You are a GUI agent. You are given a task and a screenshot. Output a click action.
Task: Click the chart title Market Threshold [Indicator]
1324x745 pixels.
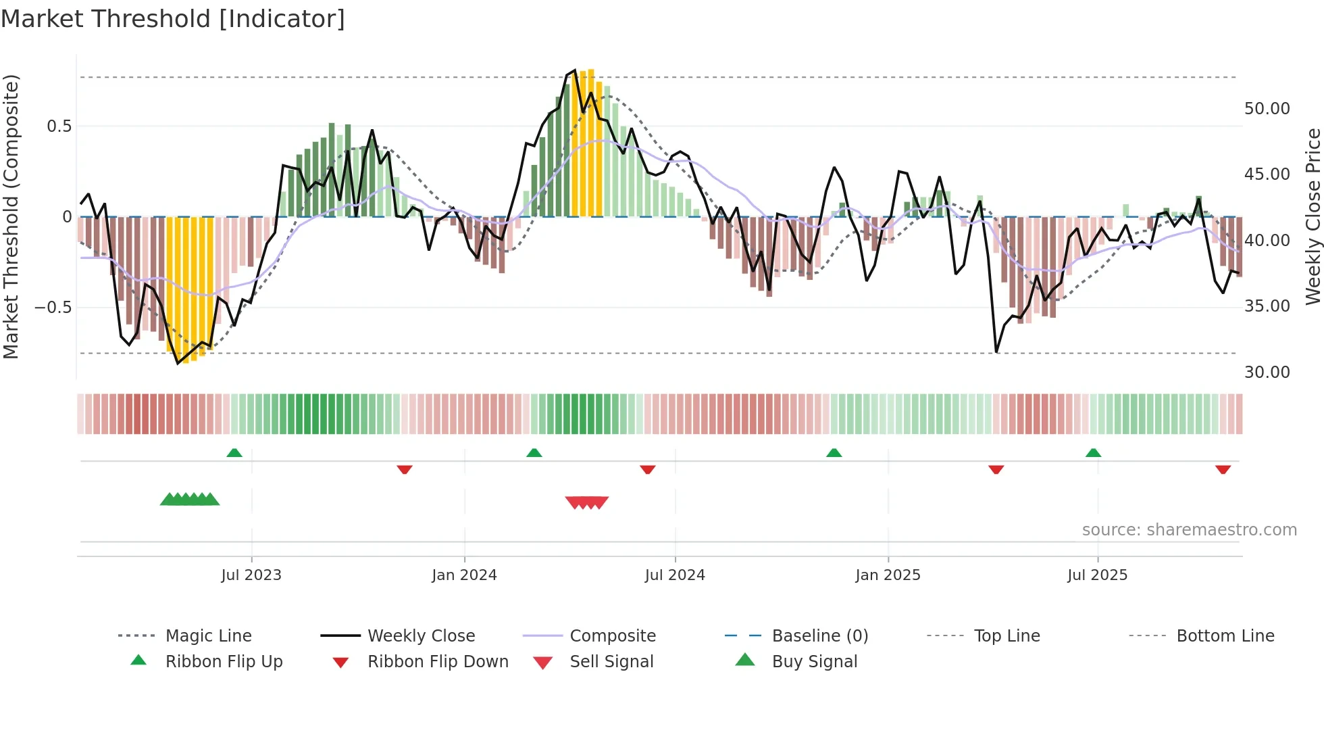tap(173, 19)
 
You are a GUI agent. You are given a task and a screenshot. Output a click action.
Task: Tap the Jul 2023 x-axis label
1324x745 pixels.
tap(251, 575)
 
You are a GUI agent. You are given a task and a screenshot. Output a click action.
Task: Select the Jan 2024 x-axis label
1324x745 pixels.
tap(464, 575)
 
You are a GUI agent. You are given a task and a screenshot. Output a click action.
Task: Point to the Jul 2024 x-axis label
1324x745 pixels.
tap(675, 575)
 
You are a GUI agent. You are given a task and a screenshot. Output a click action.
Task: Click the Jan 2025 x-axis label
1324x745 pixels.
tap(888, 575)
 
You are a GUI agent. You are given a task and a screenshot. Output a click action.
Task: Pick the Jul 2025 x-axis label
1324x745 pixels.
tap(1097, 575)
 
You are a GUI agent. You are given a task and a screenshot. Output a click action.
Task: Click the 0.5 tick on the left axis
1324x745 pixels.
tap(59, 126)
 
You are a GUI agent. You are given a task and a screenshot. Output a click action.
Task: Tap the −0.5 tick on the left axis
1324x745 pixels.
tap(53, 308)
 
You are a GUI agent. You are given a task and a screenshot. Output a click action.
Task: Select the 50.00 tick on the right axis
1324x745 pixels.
tap(1267, 109)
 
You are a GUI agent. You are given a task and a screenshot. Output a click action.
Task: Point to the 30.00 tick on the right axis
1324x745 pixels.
tap(1267, 372)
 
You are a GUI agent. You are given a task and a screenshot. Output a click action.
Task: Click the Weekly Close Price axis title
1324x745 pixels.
tap(1313, 216)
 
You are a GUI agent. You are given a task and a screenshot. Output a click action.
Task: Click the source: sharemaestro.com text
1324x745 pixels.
tap(1189, 529)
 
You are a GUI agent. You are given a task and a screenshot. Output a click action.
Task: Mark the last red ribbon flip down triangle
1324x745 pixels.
tap(1223, 469)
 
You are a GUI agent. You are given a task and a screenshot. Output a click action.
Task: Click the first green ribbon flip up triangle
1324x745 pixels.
tap(234, 452)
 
